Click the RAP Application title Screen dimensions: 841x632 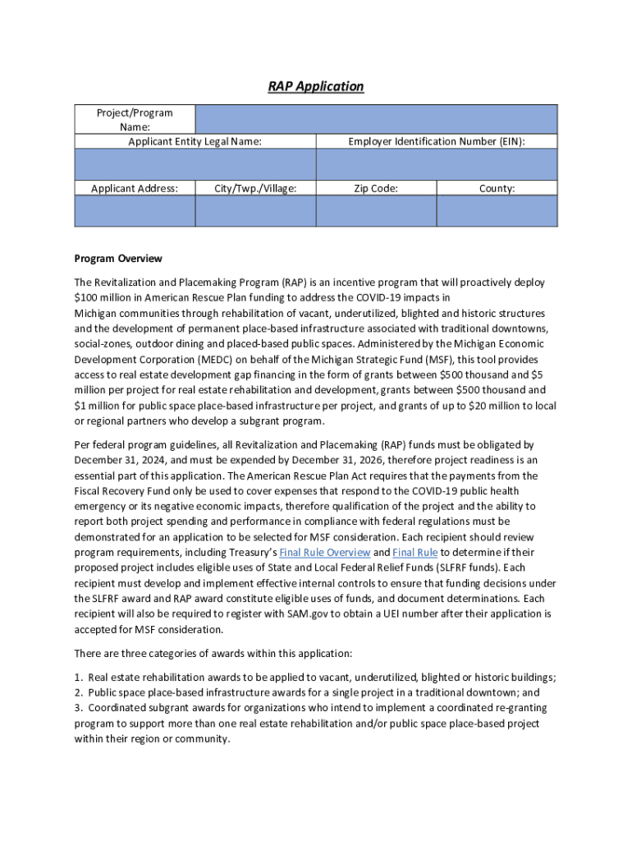315,86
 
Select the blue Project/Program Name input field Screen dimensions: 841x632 376,119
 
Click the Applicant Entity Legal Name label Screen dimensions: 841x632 195,142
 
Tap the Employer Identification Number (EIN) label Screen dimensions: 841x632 436,142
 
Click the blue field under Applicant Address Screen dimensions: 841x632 135,211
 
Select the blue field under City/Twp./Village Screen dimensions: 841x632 255,211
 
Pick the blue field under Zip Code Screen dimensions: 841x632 376,211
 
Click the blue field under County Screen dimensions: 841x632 497,211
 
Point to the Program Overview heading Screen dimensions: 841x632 118,259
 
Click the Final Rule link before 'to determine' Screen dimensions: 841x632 414,552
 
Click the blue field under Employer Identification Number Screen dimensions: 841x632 436,164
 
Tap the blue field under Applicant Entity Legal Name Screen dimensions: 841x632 195,164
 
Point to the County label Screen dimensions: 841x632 497,188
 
